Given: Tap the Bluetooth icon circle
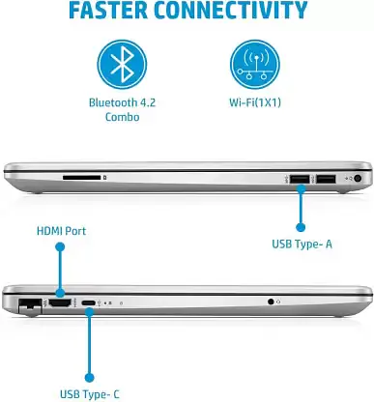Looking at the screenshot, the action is tap(122, 65).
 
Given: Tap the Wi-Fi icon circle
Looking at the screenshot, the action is tap(255, 65).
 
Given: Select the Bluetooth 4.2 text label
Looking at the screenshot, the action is tap(122, 102).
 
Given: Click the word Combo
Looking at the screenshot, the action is tap(123, 117).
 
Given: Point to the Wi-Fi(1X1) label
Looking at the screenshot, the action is tap(255, 102).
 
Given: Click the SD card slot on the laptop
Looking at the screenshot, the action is tap(81, 178).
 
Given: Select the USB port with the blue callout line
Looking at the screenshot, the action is tap(300, 179).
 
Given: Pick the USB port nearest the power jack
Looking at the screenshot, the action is tap(326, 179).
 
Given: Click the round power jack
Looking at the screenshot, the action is tap(358, 178).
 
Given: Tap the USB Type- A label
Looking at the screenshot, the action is tap(302, 244).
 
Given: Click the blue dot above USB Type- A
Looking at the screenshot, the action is tap(301, 227).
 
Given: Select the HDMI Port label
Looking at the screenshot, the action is tap(61, 231).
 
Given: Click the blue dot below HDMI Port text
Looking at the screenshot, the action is tap(60, 247).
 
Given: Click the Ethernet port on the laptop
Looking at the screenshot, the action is tap(30, 304).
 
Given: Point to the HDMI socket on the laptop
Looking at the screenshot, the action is tap(60, 302).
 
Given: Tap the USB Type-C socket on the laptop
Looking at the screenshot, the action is tap(89, 303).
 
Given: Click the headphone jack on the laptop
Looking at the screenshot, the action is tap(271, 301).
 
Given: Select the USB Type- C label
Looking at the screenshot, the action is tap(90, 394).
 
